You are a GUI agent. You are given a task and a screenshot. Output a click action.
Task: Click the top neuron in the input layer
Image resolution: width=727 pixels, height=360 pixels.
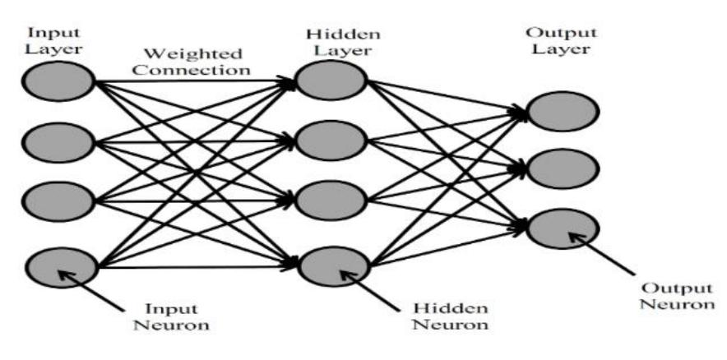tap(58, 82)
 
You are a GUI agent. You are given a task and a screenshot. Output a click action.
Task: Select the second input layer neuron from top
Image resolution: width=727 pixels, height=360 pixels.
tap(58, 142)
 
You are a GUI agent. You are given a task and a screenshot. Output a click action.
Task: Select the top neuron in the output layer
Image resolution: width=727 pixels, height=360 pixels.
tap(563, 112)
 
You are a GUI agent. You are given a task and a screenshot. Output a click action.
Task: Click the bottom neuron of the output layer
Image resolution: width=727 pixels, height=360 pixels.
tap(563, 229)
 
